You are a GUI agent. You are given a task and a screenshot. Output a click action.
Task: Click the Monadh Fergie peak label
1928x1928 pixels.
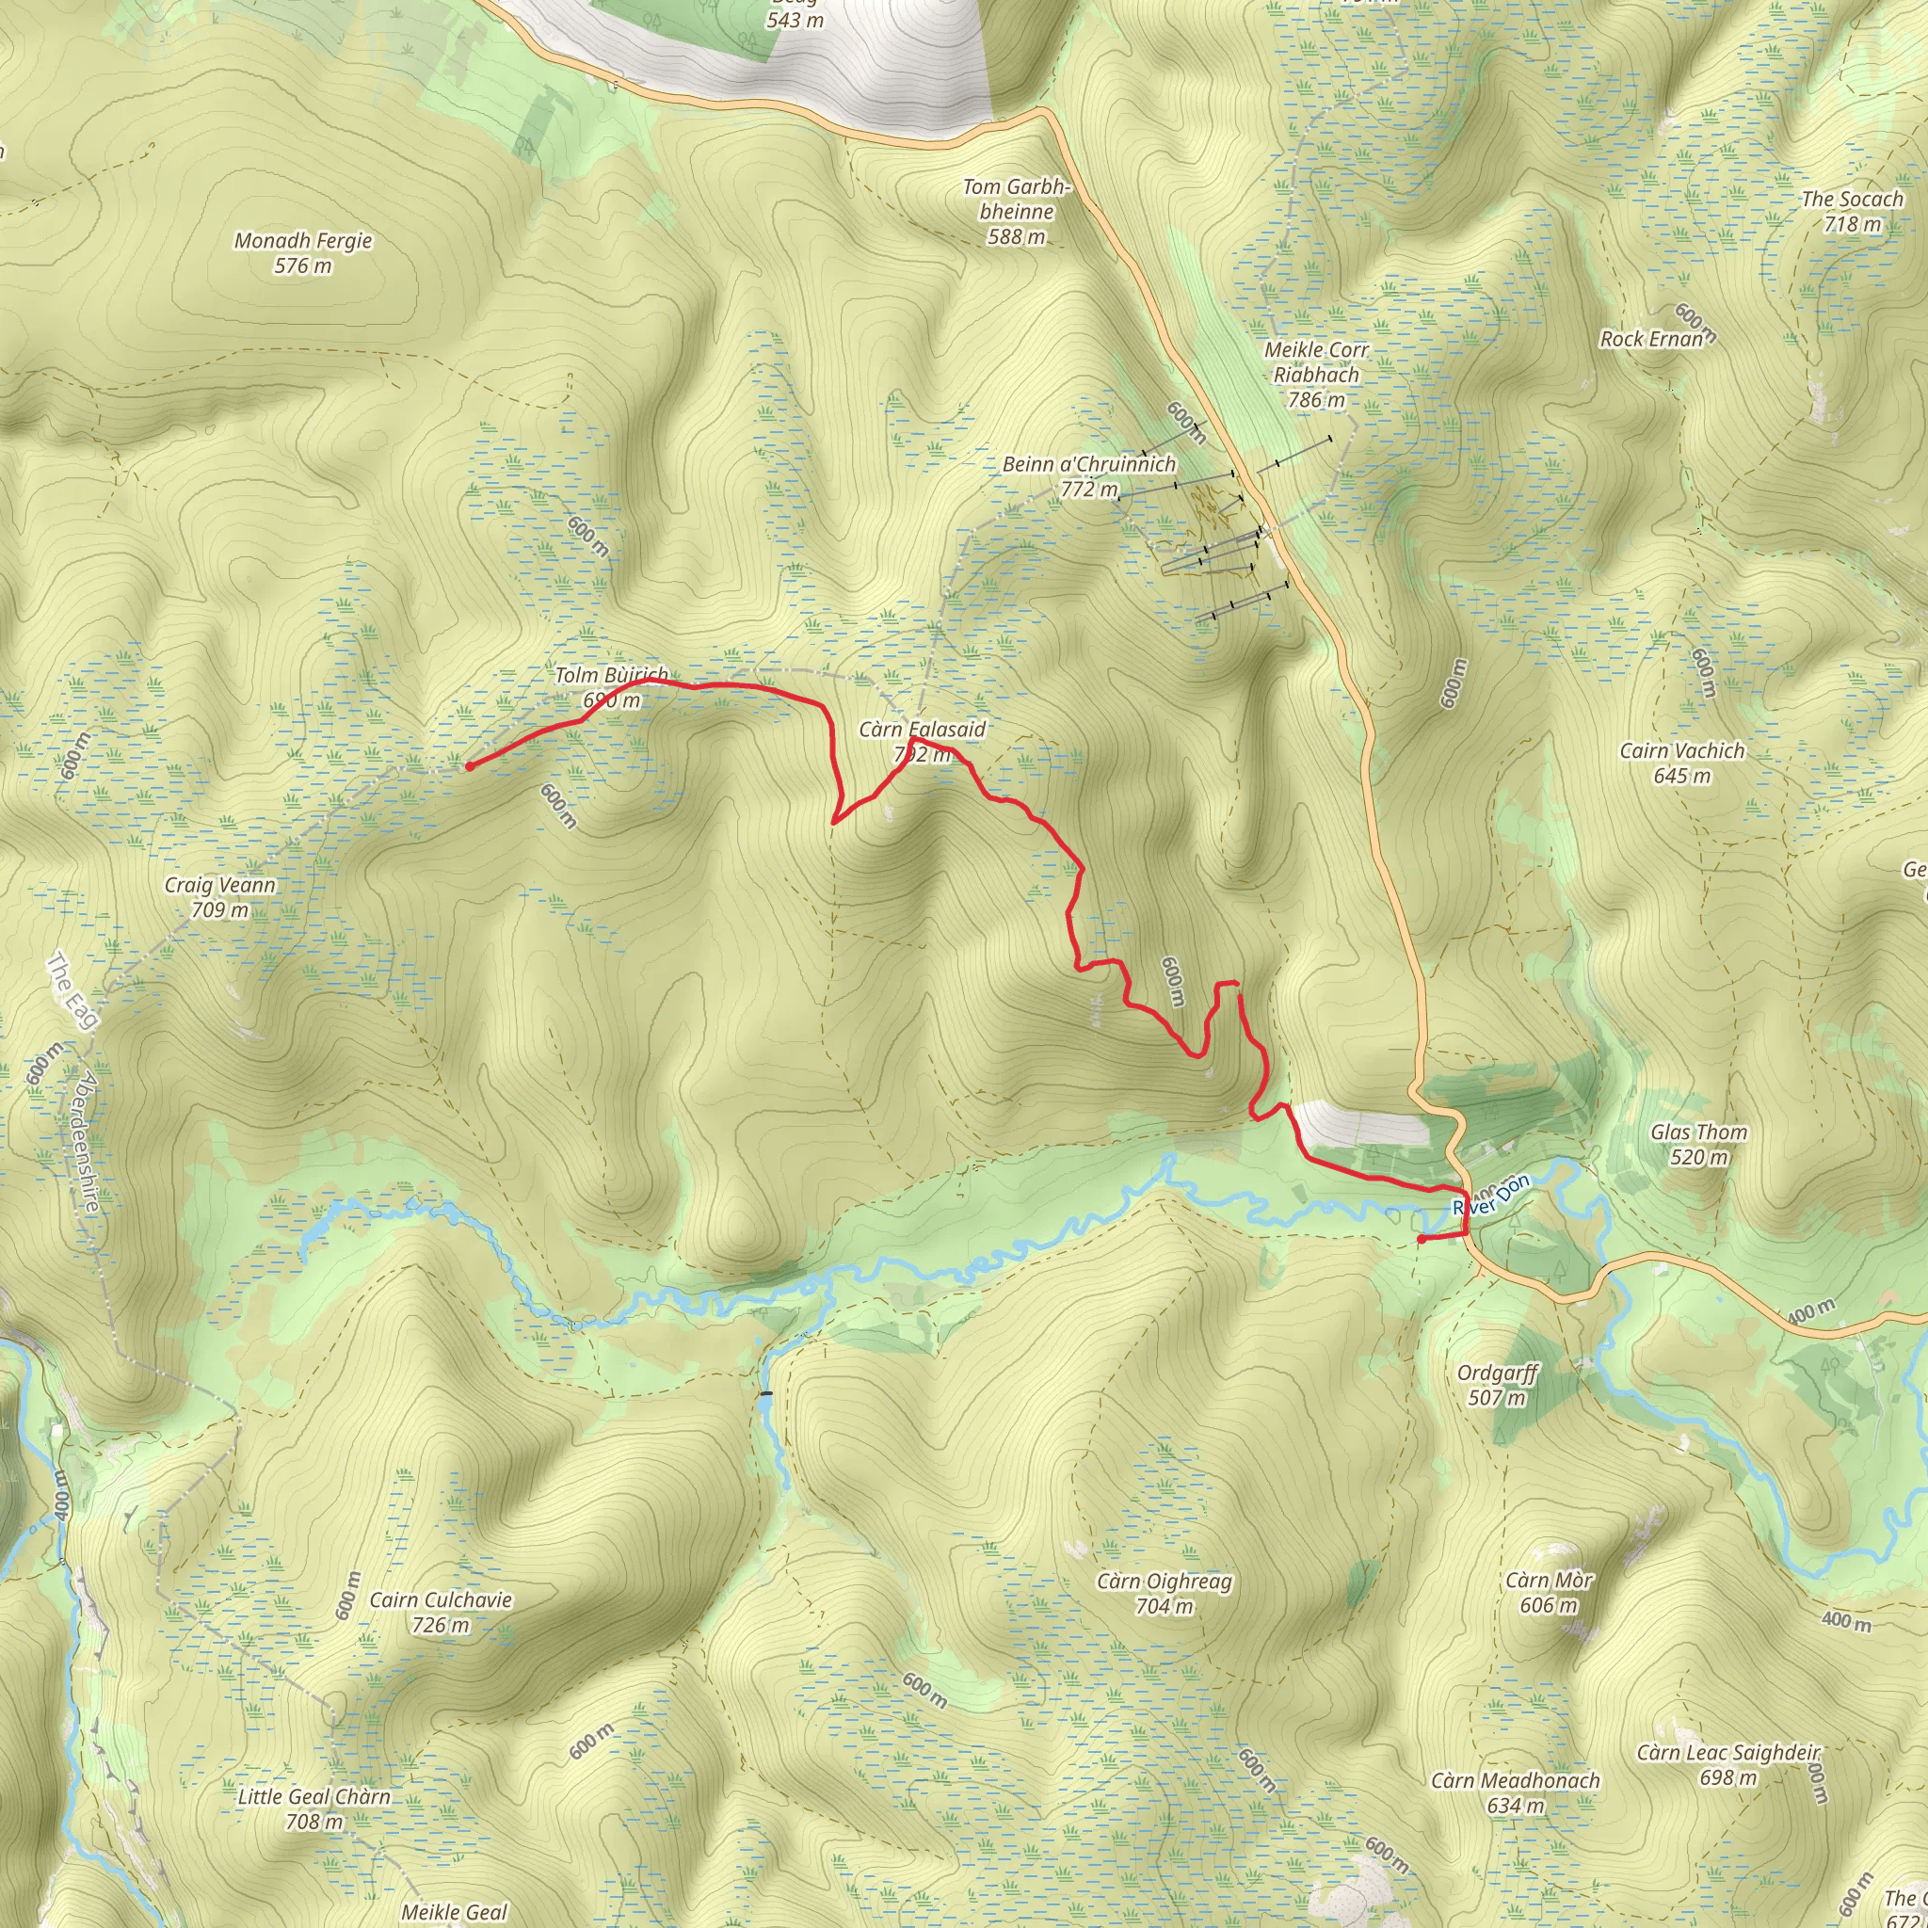302,252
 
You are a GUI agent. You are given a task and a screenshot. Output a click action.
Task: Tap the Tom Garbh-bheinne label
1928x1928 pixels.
1016,212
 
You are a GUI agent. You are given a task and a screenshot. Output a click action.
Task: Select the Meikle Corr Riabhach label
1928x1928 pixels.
1316,375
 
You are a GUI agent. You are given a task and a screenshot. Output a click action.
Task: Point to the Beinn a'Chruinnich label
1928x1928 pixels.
1089,476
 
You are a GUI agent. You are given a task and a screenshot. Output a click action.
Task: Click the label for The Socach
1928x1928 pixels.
1851,211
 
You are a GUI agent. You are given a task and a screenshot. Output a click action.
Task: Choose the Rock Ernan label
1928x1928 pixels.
1651,339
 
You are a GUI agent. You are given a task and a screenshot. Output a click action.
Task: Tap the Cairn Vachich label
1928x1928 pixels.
1681,763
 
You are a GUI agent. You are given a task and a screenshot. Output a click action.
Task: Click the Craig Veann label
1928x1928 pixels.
219,896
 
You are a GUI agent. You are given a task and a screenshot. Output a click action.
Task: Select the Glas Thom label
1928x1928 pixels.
1698,1144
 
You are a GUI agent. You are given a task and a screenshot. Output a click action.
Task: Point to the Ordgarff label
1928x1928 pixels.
1497,1384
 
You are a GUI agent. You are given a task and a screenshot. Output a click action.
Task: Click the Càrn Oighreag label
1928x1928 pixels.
1164,1593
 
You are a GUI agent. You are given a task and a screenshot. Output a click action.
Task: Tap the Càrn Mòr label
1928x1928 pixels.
1549,1592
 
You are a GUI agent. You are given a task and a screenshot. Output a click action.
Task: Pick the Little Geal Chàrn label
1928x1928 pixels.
313,1808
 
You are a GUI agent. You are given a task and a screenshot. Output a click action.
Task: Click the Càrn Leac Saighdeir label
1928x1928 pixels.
1728,1764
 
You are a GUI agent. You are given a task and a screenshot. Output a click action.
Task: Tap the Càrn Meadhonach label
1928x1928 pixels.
1515,1792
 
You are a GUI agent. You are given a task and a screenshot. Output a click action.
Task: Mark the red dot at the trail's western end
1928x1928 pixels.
468,766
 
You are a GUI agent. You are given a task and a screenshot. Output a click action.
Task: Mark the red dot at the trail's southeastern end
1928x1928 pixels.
1420,1240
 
